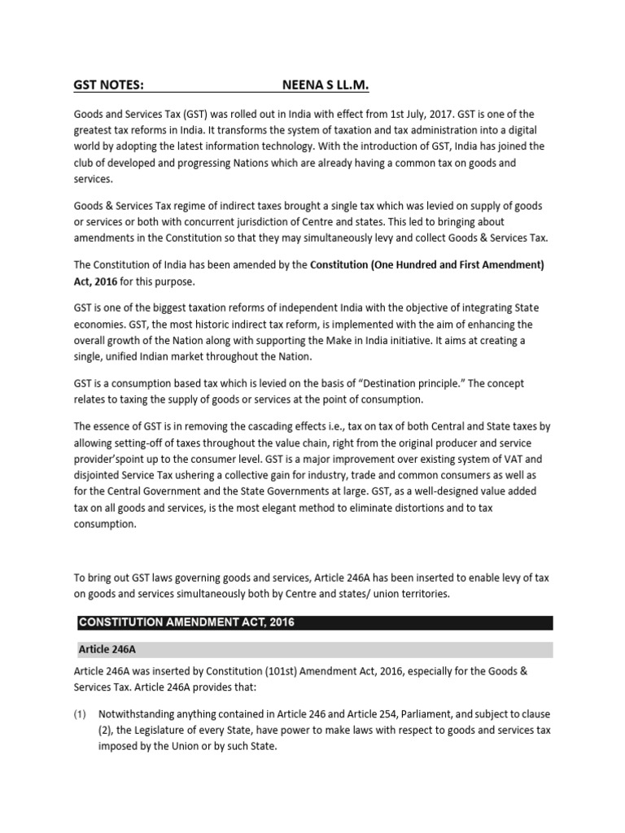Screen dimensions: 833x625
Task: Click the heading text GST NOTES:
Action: click(x=109, y=85)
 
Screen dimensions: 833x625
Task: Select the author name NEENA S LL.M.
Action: click(x=330, y=85)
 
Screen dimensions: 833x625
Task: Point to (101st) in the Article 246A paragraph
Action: click(x=291, y=671)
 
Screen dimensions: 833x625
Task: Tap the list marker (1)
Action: click(x=80, y=713)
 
